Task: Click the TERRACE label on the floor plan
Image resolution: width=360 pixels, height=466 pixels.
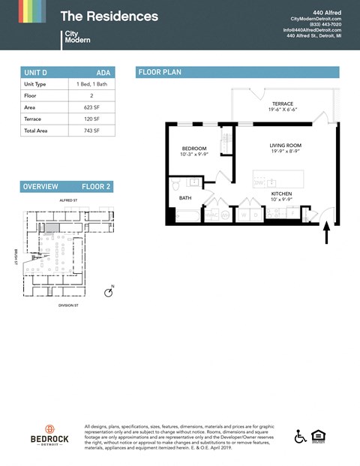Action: pos(282,104)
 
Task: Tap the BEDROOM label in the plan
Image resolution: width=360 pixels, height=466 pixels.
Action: pos(194,149)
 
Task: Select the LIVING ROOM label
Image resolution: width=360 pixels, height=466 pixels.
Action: pos(285,145)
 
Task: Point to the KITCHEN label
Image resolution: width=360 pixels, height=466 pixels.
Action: pos(281,194)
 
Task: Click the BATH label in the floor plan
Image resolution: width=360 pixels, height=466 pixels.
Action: pos(184,198)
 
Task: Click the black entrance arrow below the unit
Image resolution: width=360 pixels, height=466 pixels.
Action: pos(326,234)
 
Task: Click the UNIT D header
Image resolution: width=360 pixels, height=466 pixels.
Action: pos(36,72)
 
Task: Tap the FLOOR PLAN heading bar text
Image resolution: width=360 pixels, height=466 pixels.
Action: pos(160,72)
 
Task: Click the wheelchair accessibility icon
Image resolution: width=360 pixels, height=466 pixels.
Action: pos(300,437)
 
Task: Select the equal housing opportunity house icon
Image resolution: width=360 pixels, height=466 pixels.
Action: pos(320,437)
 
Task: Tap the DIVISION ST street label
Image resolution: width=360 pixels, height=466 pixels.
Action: pos(67,305)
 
